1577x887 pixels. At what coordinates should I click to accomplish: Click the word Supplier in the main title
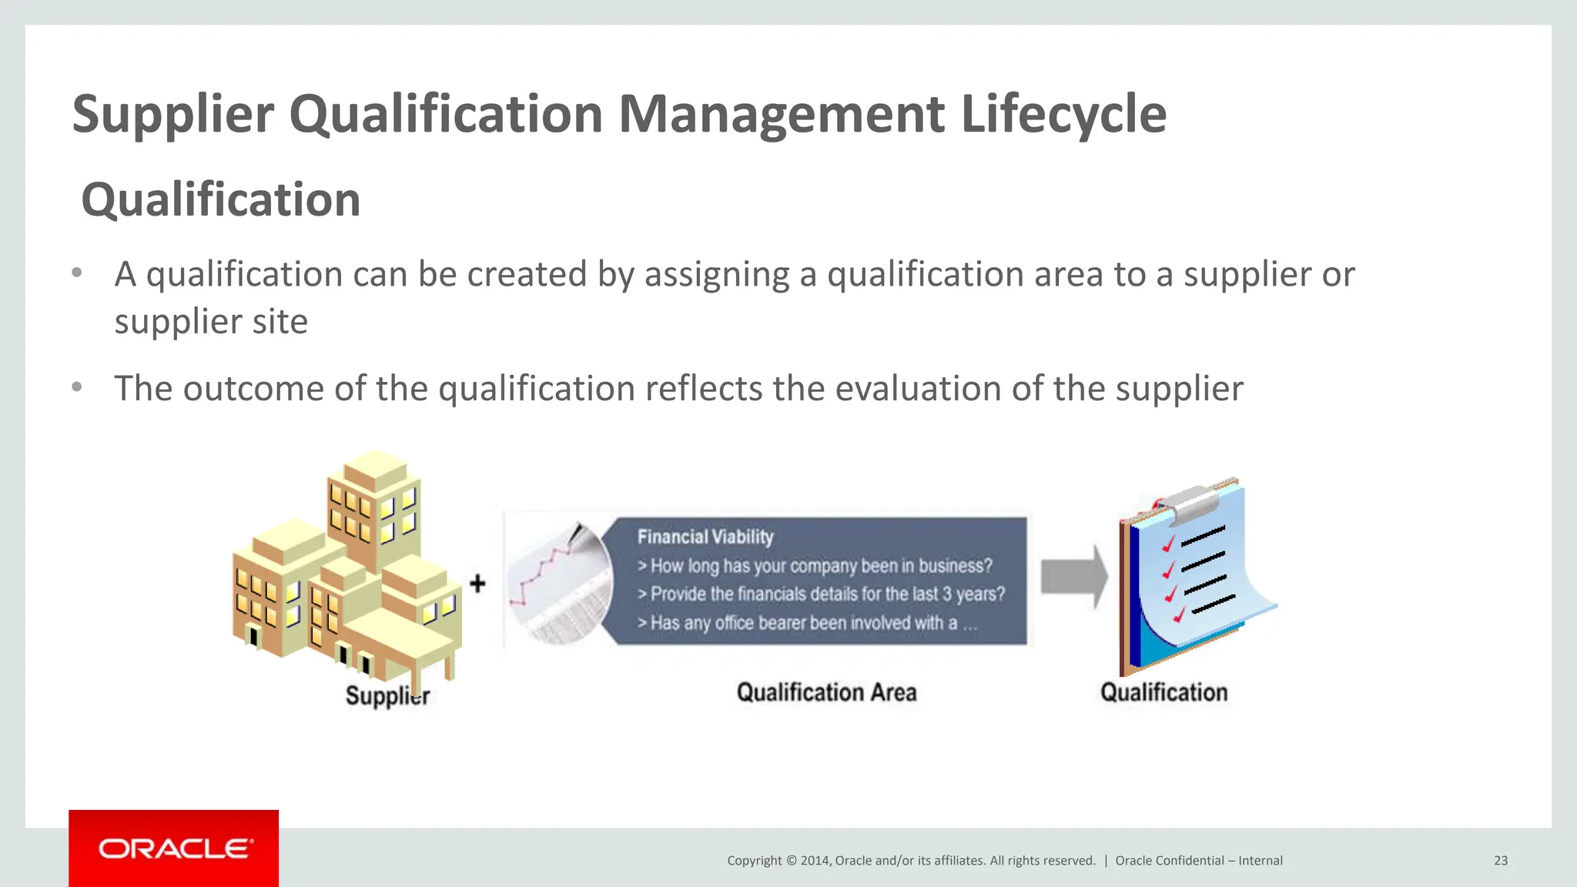tap(173, 114)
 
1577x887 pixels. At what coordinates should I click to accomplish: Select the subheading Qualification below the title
tap(221, 200)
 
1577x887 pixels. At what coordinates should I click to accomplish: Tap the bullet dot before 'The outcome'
tap(77, 387)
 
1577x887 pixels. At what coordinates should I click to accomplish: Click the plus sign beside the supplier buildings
tap(477, 584)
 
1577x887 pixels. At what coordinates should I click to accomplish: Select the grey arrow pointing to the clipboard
tap(1073, 577)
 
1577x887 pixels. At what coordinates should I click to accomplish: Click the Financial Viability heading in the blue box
tap(705, 537)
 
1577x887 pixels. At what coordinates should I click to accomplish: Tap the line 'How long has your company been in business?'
tap(815, 566)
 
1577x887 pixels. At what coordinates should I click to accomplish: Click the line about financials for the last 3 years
tap(822, 594)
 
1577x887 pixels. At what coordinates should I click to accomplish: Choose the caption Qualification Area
tap(826, 692)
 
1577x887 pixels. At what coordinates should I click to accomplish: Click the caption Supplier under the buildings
tap(387, 695)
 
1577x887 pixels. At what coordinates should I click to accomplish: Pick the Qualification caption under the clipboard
tap(1163, 692)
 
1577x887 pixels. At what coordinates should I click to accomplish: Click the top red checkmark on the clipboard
tap(1169, 544)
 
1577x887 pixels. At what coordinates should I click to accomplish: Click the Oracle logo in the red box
tap(174, 849)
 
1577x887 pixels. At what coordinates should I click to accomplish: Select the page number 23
tap(1500, 861)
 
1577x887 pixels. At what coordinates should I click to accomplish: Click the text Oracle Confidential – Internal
tap(1199, 861)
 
